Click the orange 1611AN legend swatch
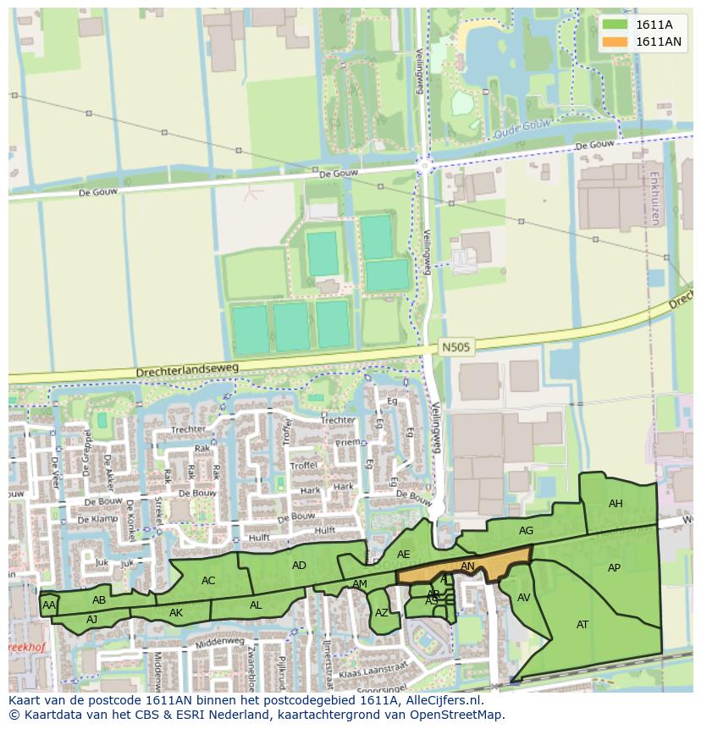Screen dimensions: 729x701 (x=615, y=41)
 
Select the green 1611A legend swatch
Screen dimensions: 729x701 (x=615, y=25)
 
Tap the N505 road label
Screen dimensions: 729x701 (x=455, y=347)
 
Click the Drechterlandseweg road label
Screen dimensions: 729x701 (x=188, y=371)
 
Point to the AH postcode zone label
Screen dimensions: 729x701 (x=615, y=504)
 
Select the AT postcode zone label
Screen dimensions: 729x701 (x=582, y=625)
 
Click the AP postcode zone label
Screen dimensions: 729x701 (x=615, y=568)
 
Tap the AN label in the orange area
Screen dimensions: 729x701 (x=467, y=566)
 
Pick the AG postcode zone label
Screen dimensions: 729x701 (x=526, y=531)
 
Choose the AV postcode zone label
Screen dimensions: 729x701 (x=523, y=598)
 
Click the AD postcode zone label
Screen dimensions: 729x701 (x=299, y=566)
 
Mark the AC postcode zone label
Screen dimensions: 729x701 (x=208, y=581)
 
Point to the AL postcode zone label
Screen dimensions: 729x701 (x=256, y=605)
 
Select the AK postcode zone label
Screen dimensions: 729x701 (x=176, y=613)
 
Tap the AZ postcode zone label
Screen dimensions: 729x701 (x=381, y=613)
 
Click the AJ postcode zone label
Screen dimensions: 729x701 (x=92, y=619)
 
